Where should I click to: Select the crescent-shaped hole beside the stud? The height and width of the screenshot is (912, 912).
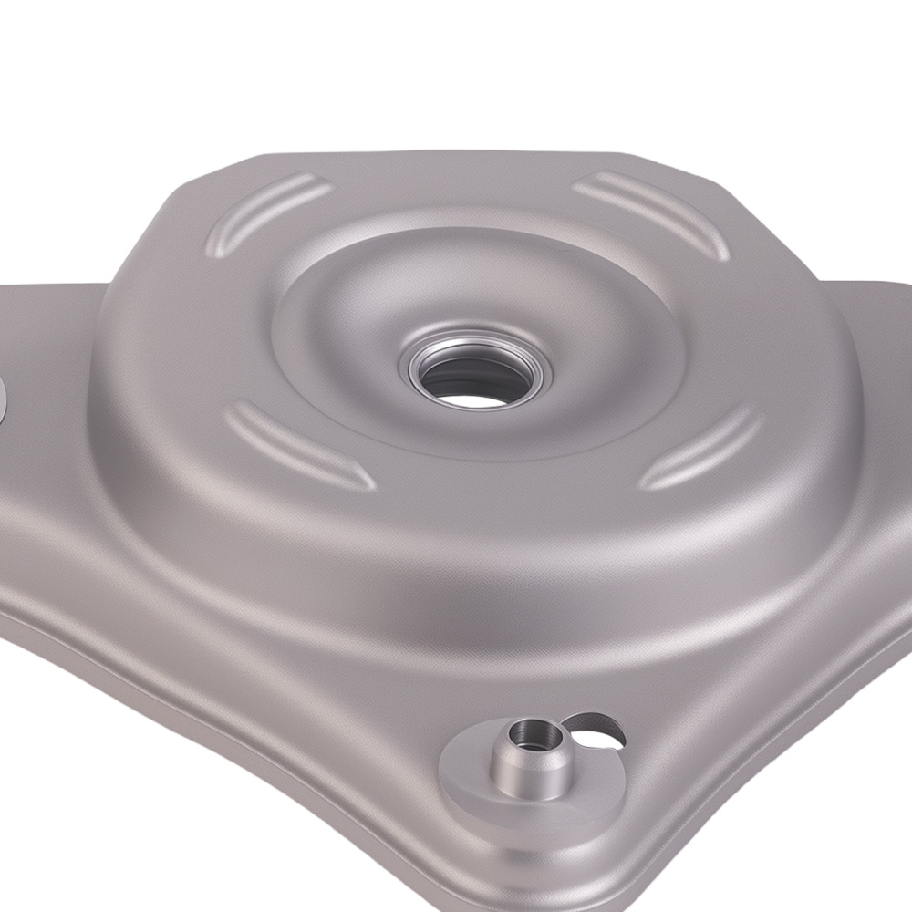(593, 730)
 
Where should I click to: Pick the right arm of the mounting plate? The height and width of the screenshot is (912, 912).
(880, 383)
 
